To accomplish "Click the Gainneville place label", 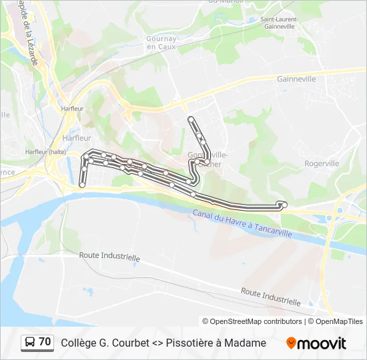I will (296, 79).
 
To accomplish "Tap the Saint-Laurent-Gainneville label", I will (279, 23).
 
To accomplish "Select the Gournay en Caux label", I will (161, 43).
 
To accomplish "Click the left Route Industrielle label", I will (109, 256).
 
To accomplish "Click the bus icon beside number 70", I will (31, 343).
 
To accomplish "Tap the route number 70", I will (45, 342).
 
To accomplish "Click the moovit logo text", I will (322, 343).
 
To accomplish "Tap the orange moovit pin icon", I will (291, 343).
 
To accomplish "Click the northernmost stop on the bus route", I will (192, 119).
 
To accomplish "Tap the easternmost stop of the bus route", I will (284, 204).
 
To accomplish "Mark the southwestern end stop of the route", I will (82, 185).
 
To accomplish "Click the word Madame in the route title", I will (248, 343).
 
